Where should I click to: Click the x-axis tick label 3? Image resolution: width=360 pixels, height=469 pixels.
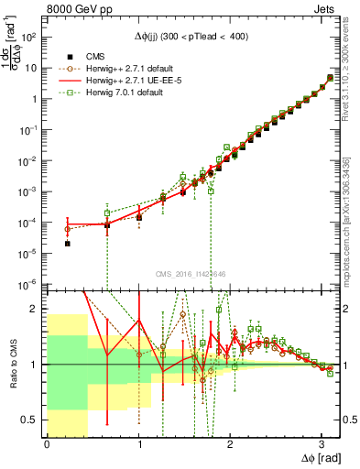321,447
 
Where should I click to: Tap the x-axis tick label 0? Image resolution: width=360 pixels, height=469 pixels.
47,447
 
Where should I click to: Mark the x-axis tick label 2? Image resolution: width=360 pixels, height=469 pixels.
230,447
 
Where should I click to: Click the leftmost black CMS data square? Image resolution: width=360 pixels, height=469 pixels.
68,244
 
